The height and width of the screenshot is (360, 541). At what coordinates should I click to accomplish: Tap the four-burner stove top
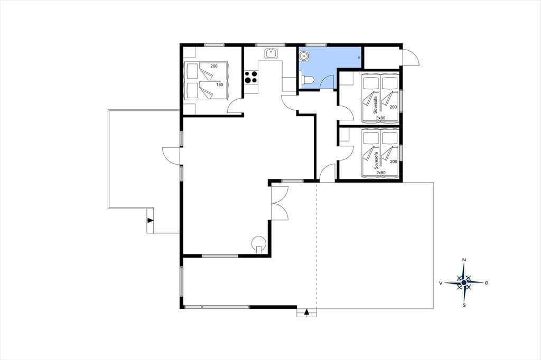[x=251, y=77]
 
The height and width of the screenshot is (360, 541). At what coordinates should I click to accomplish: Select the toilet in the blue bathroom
[x=307, y=80]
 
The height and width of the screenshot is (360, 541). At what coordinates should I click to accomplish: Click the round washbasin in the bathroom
[x=304, y=55]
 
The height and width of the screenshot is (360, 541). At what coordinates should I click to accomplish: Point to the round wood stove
[x=259, y=243]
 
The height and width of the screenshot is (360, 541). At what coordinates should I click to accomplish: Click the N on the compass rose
[x=464, y=260]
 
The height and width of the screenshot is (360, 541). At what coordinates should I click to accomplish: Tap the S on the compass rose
[x=464, y=305]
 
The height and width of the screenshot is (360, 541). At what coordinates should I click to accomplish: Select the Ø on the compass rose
[x=487, y=283]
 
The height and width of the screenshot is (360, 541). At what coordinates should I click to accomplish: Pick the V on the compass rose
[x=441, y=283]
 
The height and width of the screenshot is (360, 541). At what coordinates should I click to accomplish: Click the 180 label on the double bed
[x=219, y=84]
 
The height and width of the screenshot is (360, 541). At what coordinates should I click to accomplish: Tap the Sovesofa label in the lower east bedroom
[x=376, y=160]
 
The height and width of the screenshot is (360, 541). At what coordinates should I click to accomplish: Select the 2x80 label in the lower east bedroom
[x=381, y=173]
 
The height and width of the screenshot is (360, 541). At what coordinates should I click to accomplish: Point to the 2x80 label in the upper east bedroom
[x=381, y=118]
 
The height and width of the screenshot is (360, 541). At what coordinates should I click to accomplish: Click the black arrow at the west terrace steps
[x=150, y=220]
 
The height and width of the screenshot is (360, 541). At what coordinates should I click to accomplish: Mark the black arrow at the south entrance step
[x=306, y=312]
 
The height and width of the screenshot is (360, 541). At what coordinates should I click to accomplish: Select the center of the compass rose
[x=464, y=283]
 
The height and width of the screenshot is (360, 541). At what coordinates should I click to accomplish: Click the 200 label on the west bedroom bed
[x=214, y=66]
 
